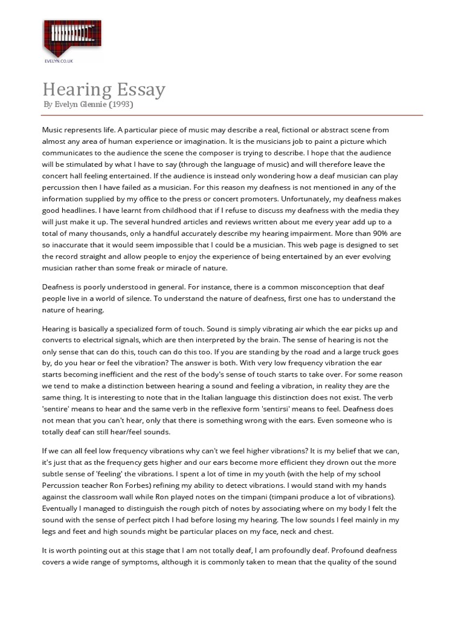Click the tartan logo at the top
point(71,37)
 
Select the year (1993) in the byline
point(121,105)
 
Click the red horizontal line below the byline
point(232,115)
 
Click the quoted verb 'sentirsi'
point(294,409)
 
